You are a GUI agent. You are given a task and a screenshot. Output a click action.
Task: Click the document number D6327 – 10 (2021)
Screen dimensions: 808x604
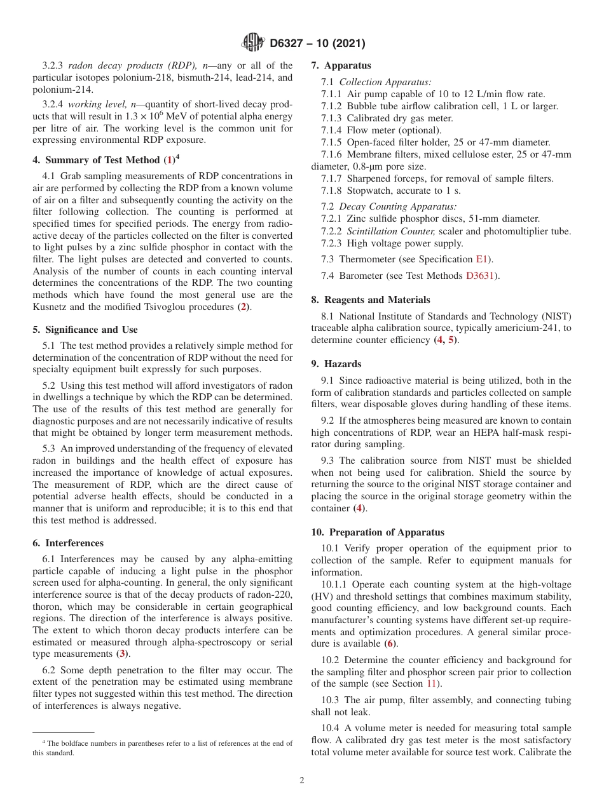[x=317, y=44]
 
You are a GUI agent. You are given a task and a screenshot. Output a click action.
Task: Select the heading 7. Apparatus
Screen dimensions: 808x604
[x=341, y=65]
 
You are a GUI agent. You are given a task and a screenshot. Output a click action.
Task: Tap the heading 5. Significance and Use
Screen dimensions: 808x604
[x=85, y=330]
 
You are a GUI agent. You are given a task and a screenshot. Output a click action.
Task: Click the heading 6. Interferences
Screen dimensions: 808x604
[x=68, y=543]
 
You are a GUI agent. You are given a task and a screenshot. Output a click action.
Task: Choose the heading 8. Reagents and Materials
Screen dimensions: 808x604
[x=371, y=300]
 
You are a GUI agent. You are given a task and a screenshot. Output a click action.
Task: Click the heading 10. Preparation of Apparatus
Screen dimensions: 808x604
[x=378, y=532]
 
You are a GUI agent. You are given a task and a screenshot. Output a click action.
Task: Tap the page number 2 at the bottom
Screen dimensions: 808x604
[x=302, y=781]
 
